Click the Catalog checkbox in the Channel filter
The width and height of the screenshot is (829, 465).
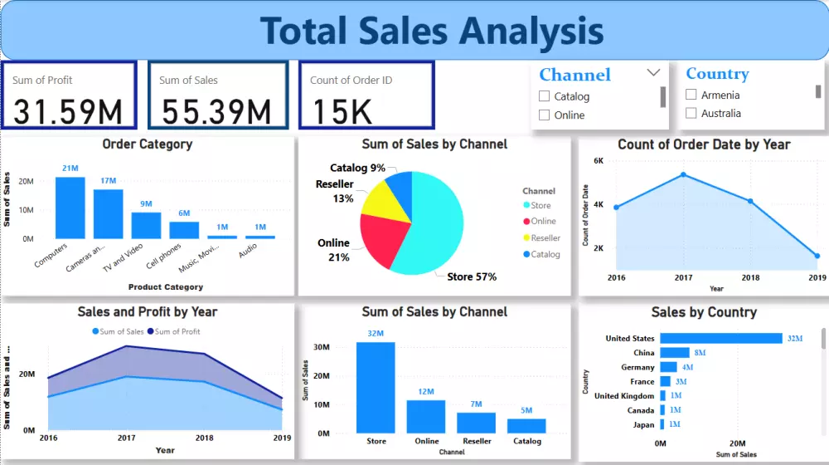click(x=545, y=96)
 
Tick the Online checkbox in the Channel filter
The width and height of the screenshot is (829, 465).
click(x=545, y=115)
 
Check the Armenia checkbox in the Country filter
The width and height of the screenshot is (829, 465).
click(x=691, y=95)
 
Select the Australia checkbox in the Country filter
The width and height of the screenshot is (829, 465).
click(x=691, y=113)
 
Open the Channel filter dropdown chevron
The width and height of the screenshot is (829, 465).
click(x=653, y=73)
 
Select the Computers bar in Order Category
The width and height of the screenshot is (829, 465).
click(x=70, y=208)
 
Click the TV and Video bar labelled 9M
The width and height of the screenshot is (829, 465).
click(x=146, y=226)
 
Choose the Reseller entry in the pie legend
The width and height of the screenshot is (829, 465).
click(x=545, y=237)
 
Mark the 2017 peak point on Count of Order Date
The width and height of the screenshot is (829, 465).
click(x=683, y=174)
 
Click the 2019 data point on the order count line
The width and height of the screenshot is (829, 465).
click(x=817, y=257)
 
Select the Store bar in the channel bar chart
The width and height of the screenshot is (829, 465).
click(x=376, y=388)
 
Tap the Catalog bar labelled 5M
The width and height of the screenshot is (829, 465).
click(x=526, y=426)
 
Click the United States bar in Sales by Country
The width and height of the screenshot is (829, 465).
click(x=720, y=338)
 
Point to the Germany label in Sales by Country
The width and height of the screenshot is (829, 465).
click(x=638, y=367)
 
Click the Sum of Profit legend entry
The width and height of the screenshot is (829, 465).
click(x=177, y=331)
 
